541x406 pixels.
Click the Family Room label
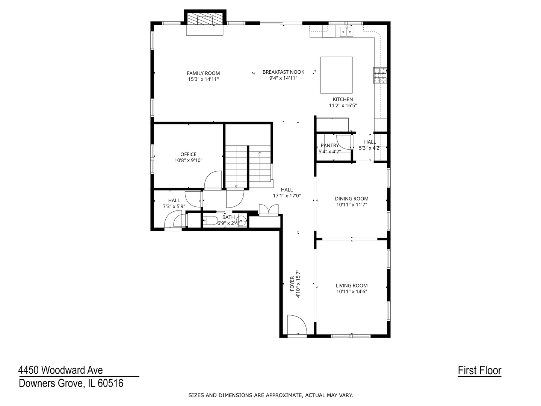(x=203, y=73)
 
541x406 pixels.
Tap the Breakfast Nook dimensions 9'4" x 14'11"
(x=283, y=78)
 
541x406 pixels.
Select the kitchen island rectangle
(x=336, y=75)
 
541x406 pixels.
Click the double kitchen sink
(x=346, y=32)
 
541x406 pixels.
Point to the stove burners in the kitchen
(x=380, y=76)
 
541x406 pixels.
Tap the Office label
(x=188, y=154)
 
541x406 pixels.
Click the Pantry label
(x=329, y=145)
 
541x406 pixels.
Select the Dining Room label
(x=352, y=199)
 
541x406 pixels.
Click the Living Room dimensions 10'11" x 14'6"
(x=352, y=292)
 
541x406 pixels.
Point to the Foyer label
(x=292, y=283)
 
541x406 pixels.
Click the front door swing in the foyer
(x=297, y=324)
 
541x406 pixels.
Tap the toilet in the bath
(x=210, y=220)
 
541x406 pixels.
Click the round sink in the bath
(x=242, y=220)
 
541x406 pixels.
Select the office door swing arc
(x=213, y=180)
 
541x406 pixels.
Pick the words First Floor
(x=479, y=370)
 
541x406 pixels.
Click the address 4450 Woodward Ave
(x=60, y=370)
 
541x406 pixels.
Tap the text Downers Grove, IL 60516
(x=71, y=383)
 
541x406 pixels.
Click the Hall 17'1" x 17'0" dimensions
(x=287, y=196)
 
